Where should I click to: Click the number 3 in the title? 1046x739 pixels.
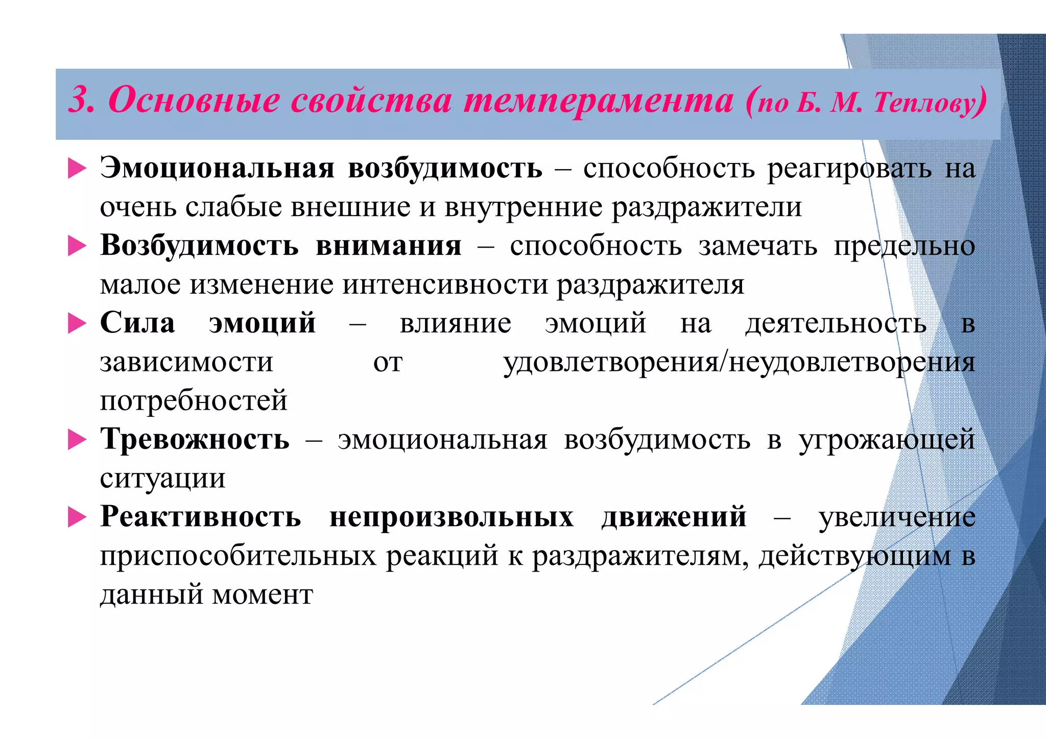81,100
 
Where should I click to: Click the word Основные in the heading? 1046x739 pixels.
194,100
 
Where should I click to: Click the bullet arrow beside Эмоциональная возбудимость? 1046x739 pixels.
77,168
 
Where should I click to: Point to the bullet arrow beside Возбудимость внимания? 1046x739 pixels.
77,246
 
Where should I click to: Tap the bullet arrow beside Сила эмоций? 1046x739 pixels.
77,323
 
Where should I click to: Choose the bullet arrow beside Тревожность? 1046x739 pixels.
77,440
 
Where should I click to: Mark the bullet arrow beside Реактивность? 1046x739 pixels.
77,517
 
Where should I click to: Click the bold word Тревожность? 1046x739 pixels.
195,440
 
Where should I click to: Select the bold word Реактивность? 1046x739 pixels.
200,517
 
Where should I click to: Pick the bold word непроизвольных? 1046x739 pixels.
451,517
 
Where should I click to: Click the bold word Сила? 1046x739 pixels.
137,323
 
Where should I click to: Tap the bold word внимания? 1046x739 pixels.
389,246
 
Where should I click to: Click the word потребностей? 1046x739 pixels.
194,401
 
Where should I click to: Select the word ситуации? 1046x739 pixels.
162,479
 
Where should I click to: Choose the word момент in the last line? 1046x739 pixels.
263,595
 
